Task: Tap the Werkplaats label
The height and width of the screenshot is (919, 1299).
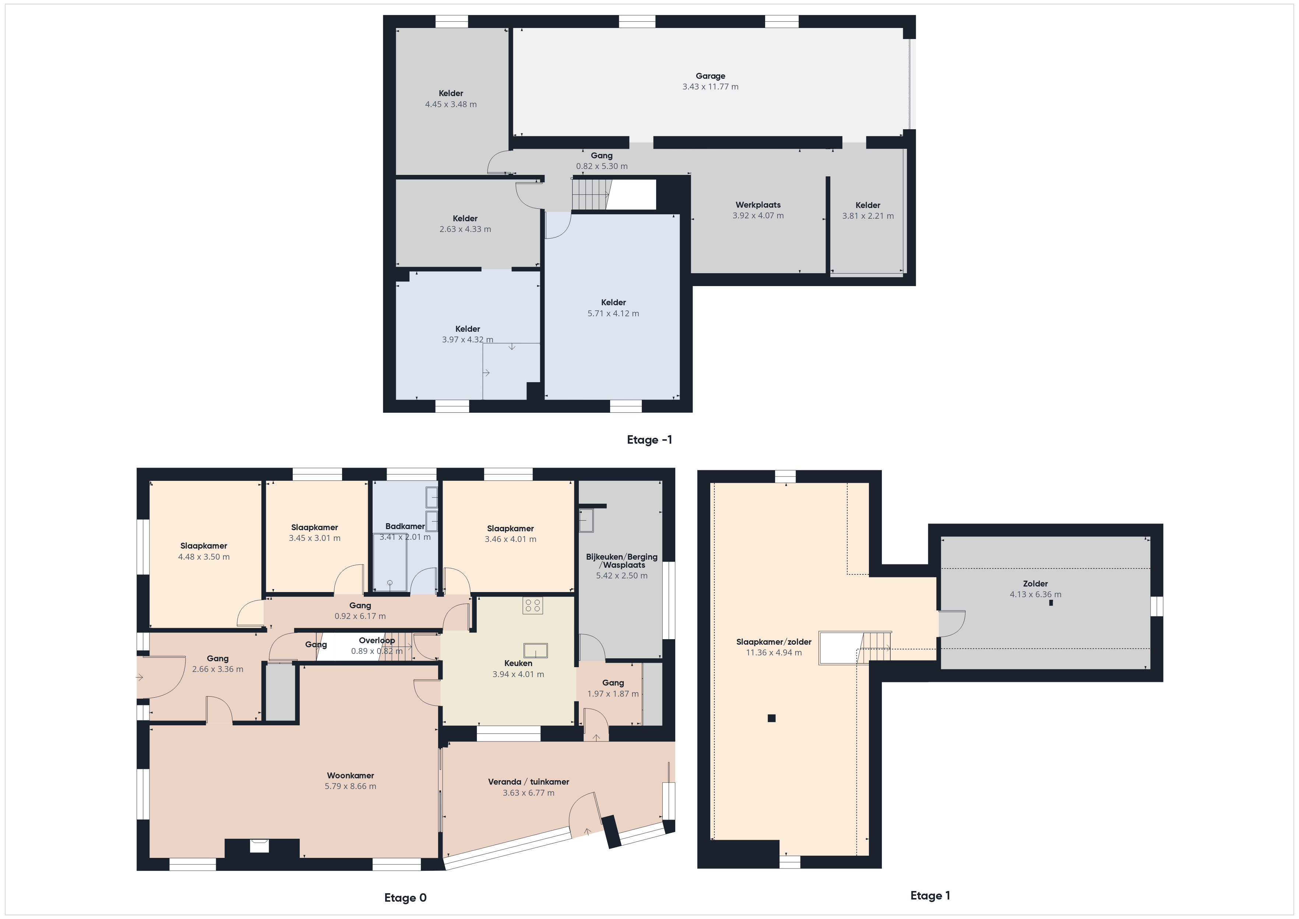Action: (x=758, y=205)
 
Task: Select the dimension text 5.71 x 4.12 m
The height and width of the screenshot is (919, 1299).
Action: (x=613, y=313)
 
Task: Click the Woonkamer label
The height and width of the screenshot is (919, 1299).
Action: (x=350, y=775)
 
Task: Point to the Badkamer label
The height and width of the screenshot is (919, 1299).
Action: (x=405, y=526)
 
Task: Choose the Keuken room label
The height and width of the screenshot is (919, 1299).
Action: (x=518, y=663)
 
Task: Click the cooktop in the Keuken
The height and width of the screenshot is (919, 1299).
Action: (x=532, y=606)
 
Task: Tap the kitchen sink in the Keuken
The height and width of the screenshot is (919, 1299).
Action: (x=535, y=650)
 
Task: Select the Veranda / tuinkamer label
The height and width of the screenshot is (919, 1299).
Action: (x=528, y=782)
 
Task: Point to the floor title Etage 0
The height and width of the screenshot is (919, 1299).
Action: (x=405, y=898)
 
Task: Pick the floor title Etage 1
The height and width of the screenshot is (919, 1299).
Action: (x=930, y=895)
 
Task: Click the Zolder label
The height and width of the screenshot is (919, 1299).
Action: (x=1035, y=584)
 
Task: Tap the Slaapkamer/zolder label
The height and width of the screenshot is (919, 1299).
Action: (x=774, y=642)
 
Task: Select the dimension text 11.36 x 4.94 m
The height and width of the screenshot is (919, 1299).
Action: (x=774, y=652)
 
